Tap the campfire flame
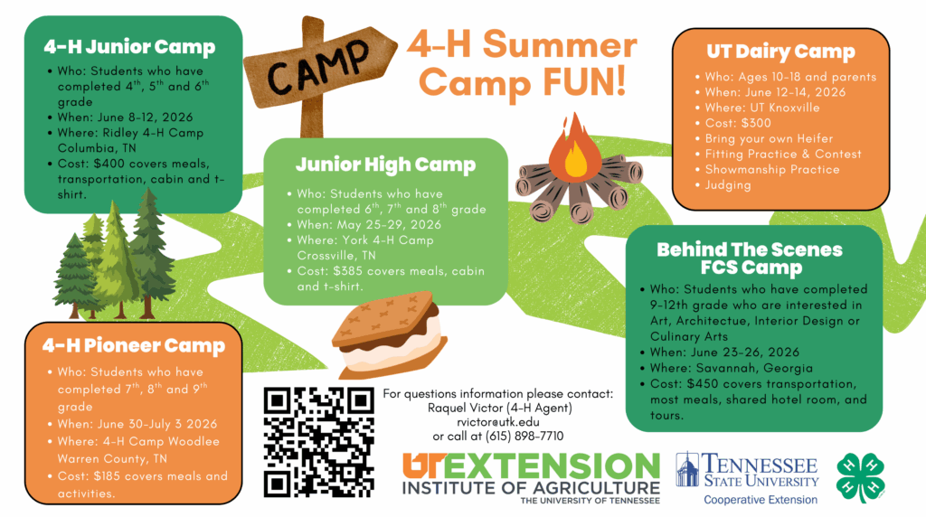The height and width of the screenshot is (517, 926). coord(574,147)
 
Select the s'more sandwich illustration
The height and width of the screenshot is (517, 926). coord(388,334)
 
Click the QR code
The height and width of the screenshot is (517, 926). coord(319,442)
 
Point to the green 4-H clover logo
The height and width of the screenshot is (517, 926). coord(861,478)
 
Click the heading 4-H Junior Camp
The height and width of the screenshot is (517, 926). coord(129,47)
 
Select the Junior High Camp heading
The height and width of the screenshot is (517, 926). coord(385,164)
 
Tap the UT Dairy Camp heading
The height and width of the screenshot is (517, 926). coord(780,52)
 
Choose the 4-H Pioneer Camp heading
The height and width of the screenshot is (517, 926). coord(134,345)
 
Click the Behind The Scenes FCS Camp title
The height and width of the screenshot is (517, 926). coord(750,258)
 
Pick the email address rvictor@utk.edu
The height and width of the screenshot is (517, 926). coord(498,422)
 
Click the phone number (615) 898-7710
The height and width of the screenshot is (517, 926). coord(524,437)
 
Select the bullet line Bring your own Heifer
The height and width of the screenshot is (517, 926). coord(769,138)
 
